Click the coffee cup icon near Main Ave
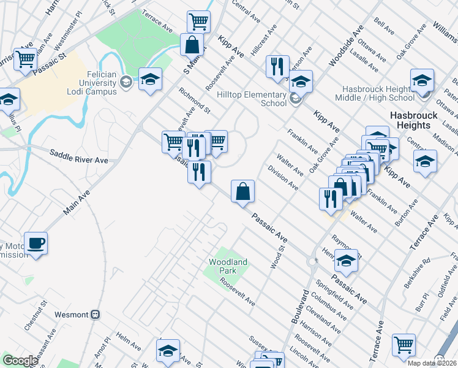[x=36, y=243]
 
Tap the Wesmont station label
[x=72, y=315]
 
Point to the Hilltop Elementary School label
[x=252, y=99]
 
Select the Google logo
[x=20, y=361]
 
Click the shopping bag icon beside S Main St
[x=192, y=45]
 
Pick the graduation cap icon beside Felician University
[x=150, y=79]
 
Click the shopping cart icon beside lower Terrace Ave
[x=404, y=345]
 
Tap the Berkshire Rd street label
[x=418, y=269]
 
